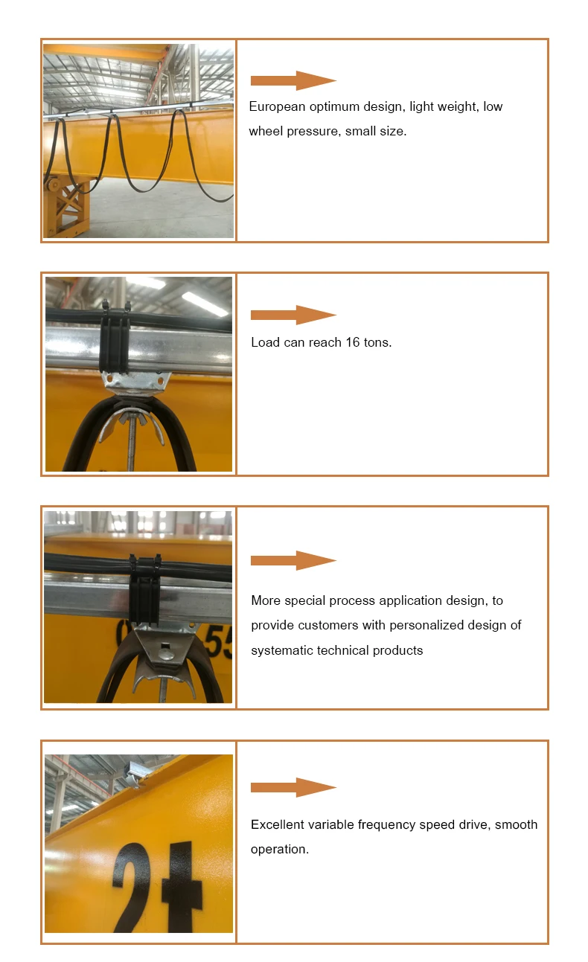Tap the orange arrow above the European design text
point(293,80)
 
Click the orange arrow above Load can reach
point(293,315)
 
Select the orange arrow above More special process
point(293,560)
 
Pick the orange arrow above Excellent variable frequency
point(293,787)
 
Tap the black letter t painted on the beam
point(179,889)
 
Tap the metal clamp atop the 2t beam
point(135,775)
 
